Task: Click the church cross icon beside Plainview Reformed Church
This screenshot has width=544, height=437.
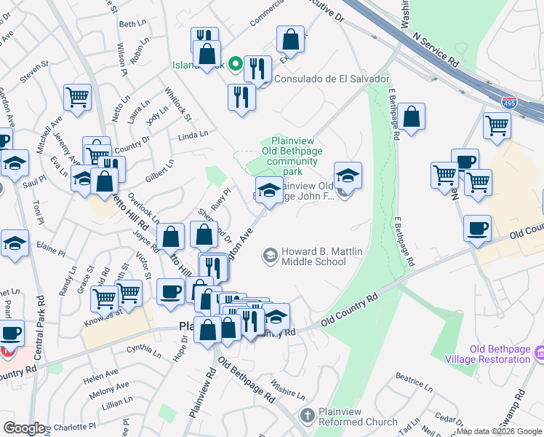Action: point(307,416)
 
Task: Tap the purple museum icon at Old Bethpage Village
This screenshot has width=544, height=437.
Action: point(539,353)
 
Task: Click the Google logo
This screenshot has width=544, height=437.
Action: point(24,428)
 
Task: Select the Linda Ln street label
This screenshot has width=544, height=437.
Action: point(193,134)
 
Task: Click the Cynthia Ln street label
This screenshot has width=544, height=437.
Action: point(143,351)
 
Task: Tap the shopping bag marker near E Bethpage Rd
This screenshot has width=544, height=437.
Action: point(411,117)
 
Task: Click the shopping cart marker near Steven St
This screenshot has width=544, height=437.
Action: point(77,98)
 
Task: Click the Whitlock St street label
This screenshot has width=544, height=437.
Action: point(178,106)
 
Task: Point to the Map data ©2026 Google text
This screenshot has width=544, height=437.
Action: point(499,431)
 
